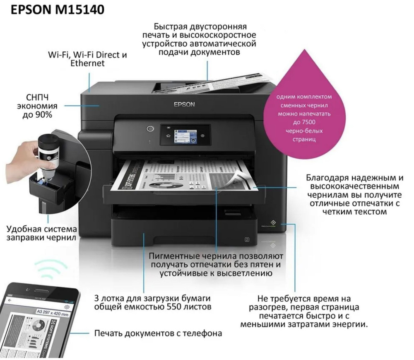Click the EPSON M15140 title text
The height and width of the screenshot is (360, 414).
click(52, 10)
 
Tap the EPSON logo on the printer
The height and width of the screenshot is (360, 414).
click(184, 104)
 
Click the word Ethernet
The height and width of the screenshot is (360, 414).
click(87, 63)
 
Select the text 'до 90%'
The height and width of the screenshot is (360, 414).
click(37, 115)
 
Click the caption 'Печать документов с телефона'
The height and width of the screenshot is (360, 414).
click(158, 333)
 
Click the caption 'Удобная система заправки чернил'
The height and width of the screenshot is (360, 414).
click(41, 233)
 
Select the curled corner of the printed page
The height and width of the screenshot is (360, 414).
click(237, 179)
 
